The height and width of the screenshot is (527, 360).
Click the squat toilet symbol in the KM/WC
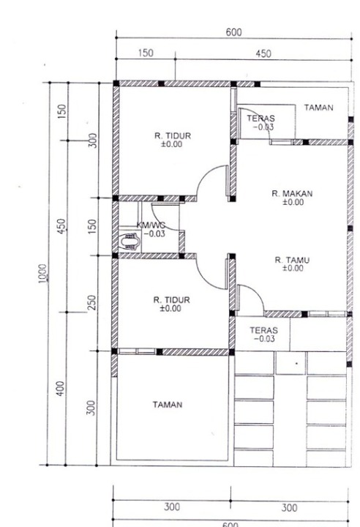coord(129,241)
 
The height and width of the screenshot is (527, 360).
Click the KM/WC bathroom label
coord(151,225)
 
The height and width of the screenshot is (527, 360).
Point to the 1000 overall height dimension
coord(42,274)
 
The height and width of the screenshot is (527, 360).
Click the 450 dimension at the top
coord(263,53)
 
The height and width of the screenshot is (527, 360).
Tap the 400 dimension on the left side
coord(60,389)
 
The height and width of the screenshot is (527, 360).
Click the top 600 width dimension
coord(233,32)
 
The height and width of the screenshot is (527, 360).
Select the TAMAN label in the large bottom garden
coord(168,404)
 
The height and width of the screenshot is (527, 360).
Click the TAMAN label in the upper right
coord(318,108)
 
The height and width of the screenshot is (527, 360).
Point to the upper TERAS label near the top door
coord(260,119)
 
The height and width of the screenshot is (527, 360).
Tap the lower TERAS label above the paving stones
coord(264,330)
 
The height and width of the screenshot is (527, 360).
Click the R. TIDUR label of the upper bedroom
coord(173,136)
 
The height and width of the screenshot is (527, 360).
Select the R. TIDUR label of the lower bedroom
coord(171,300)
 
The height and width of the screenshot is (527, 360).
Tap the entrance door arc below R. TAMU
coord(256,291)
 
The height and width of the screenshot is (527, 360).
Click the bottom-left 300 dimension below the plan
coord(172,507)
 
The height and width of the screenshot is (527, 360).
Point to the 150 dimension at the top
coord(146,53)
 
